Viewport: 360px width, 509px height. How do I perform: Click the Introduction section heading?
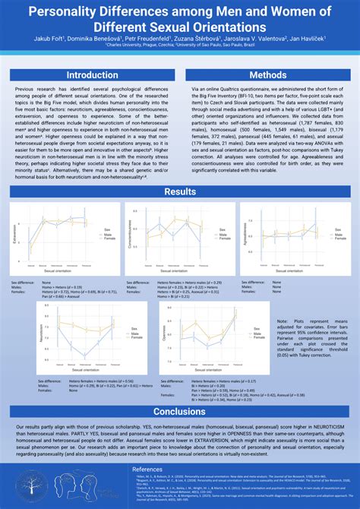(x=91, y=75)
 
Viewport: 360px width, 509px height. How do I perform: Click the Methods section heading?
(x=268, y=75)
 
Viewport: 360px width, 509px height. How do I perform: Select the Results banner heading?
(x=180, y=191)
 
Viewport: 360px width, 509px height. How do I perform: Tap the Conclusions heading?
(x=180, y=412)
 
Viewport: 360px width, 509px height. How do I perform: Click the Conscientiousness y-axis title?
(x=131, y=237)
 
